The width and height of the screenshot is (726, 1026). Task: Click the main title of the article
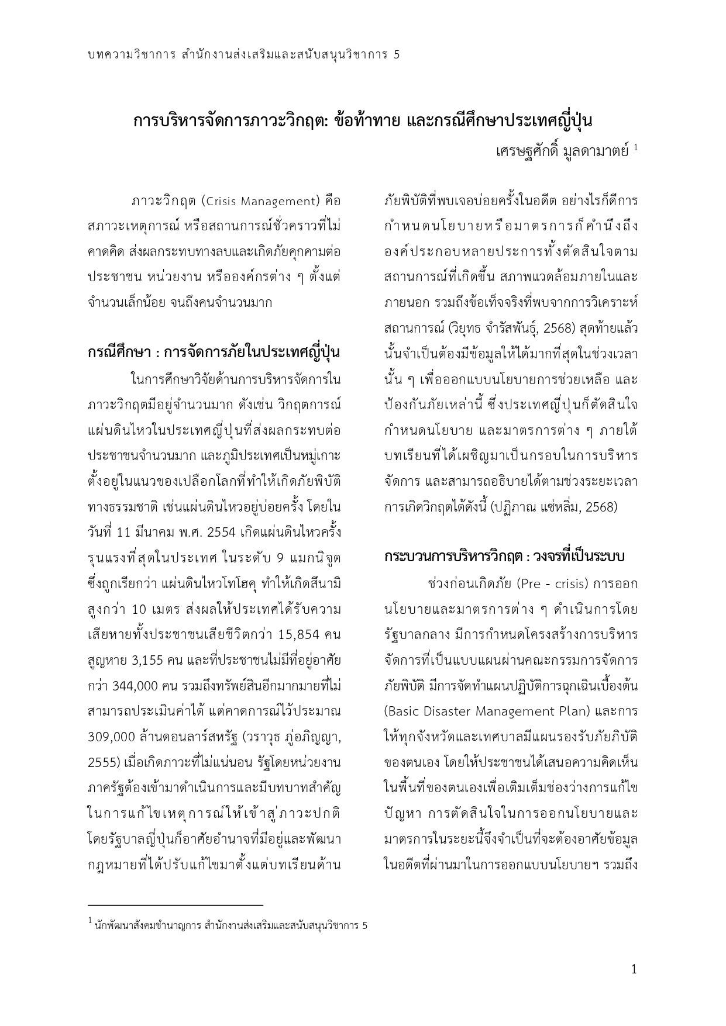pos(363,121)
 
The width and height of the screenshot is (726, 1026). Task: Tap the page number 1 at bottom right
pos(634,970)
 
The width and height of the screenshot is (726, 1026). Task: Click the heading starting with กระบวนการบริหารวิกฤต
pos(504,556)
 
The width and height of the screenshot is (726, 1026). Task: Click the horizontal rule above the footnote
pos(175,904)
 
